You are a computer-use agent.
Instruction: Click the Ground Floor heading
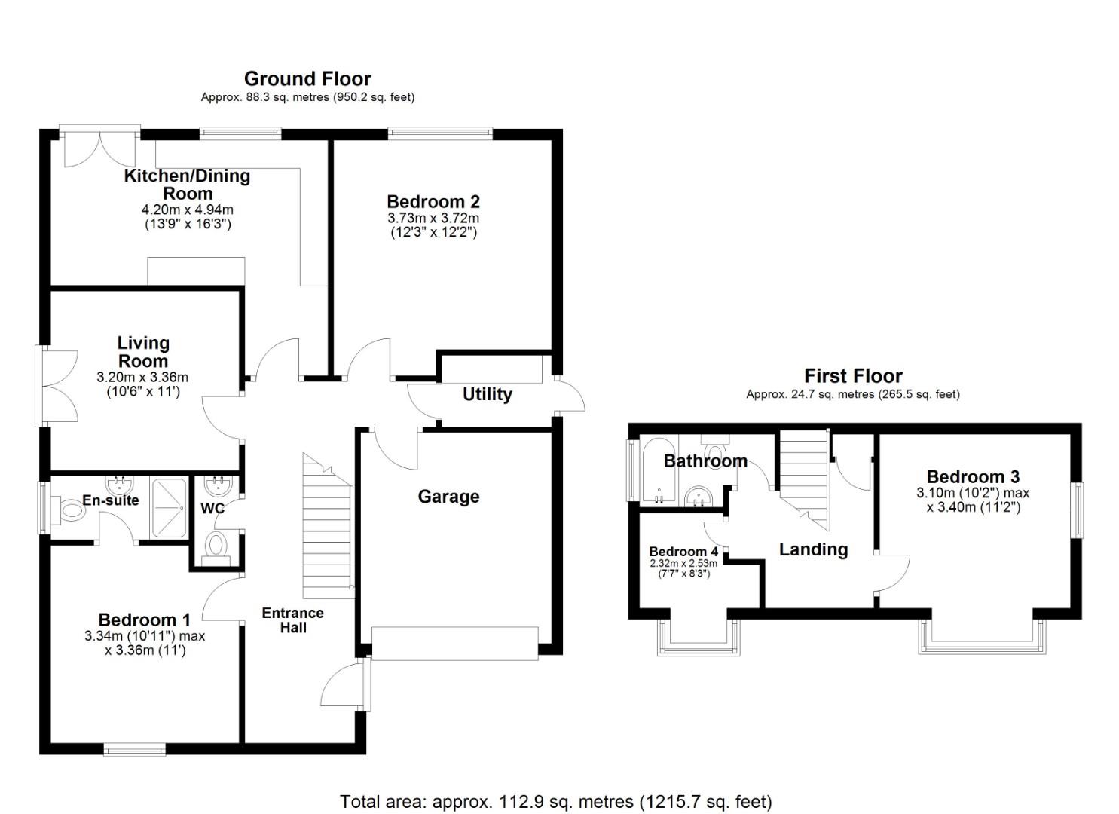(x=307, y=78)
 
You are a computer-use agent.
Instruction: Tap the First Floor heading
(x=852, y=375)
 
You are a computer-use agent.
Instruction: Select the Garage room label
(x=448, y=497)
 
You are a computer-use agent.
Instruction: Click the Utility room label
(x=487, y=394)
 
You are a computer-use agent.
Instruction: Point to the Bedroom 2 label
(x=433, y=201)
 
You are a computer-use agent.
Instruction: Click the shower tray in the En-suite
(x=170, y=508)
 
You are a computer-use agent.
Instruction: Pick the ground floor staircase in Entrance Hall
(x=327, y=528)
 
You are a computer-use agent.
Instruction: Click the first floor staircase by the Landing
(x=803, y=471)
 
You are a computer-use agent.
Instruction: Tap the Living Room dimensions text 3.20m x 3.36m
(x=142, y=377)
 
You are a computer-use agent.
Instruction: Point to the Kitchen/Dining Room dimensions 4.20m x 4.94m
(x=188, y=210)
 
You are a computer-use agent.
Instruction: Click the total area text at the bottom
(x=555, y=801)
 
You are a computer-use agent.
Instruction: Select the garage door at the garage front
(x=455, y=643)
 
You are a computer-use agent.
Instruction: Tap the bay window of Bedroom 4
(x=698, y=639)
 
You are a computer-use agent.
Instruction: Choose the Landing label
(x=813, y=549)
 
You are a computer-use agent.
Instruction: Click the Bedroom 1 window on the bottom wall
(x=134, y=749)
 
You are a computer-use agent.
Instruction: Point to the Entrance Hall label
(x=292, y=620)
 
